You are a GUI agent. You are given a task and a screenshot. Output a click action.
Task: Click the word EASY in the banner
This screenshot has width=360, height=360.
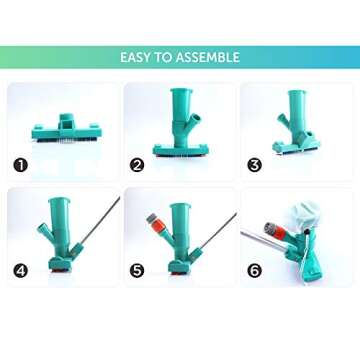tap(136, 57)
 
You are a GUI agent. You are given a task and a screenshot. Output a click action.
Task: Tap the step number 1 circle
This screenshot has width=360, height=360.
tap(21, 164)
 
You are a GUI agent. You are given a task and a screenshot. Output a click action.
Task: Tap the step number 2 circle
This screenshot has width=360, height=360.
tap(137, 164)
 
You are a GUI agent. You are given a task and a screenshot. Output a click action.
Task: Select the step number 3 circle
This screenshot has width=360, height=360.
tap(254, 164)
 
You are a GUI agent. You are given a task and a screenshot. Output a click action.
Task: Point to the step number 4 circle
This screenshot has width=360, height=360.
tap(21, 270)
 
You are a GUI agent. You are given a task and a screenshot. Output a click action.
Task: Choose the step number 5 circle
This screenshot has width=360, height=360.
tap(137, 270)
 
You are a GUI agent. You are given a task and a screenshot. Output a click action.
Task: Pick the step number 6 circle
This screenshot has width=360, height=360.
tap(254, 270)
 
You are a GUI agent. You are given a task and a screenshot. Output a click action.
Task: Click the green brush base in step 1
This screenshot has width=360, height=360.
tap(63, 131)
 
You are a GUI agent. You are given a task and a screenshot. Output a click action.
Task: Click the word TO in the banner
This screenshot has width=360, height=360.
tap(163, 57)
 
